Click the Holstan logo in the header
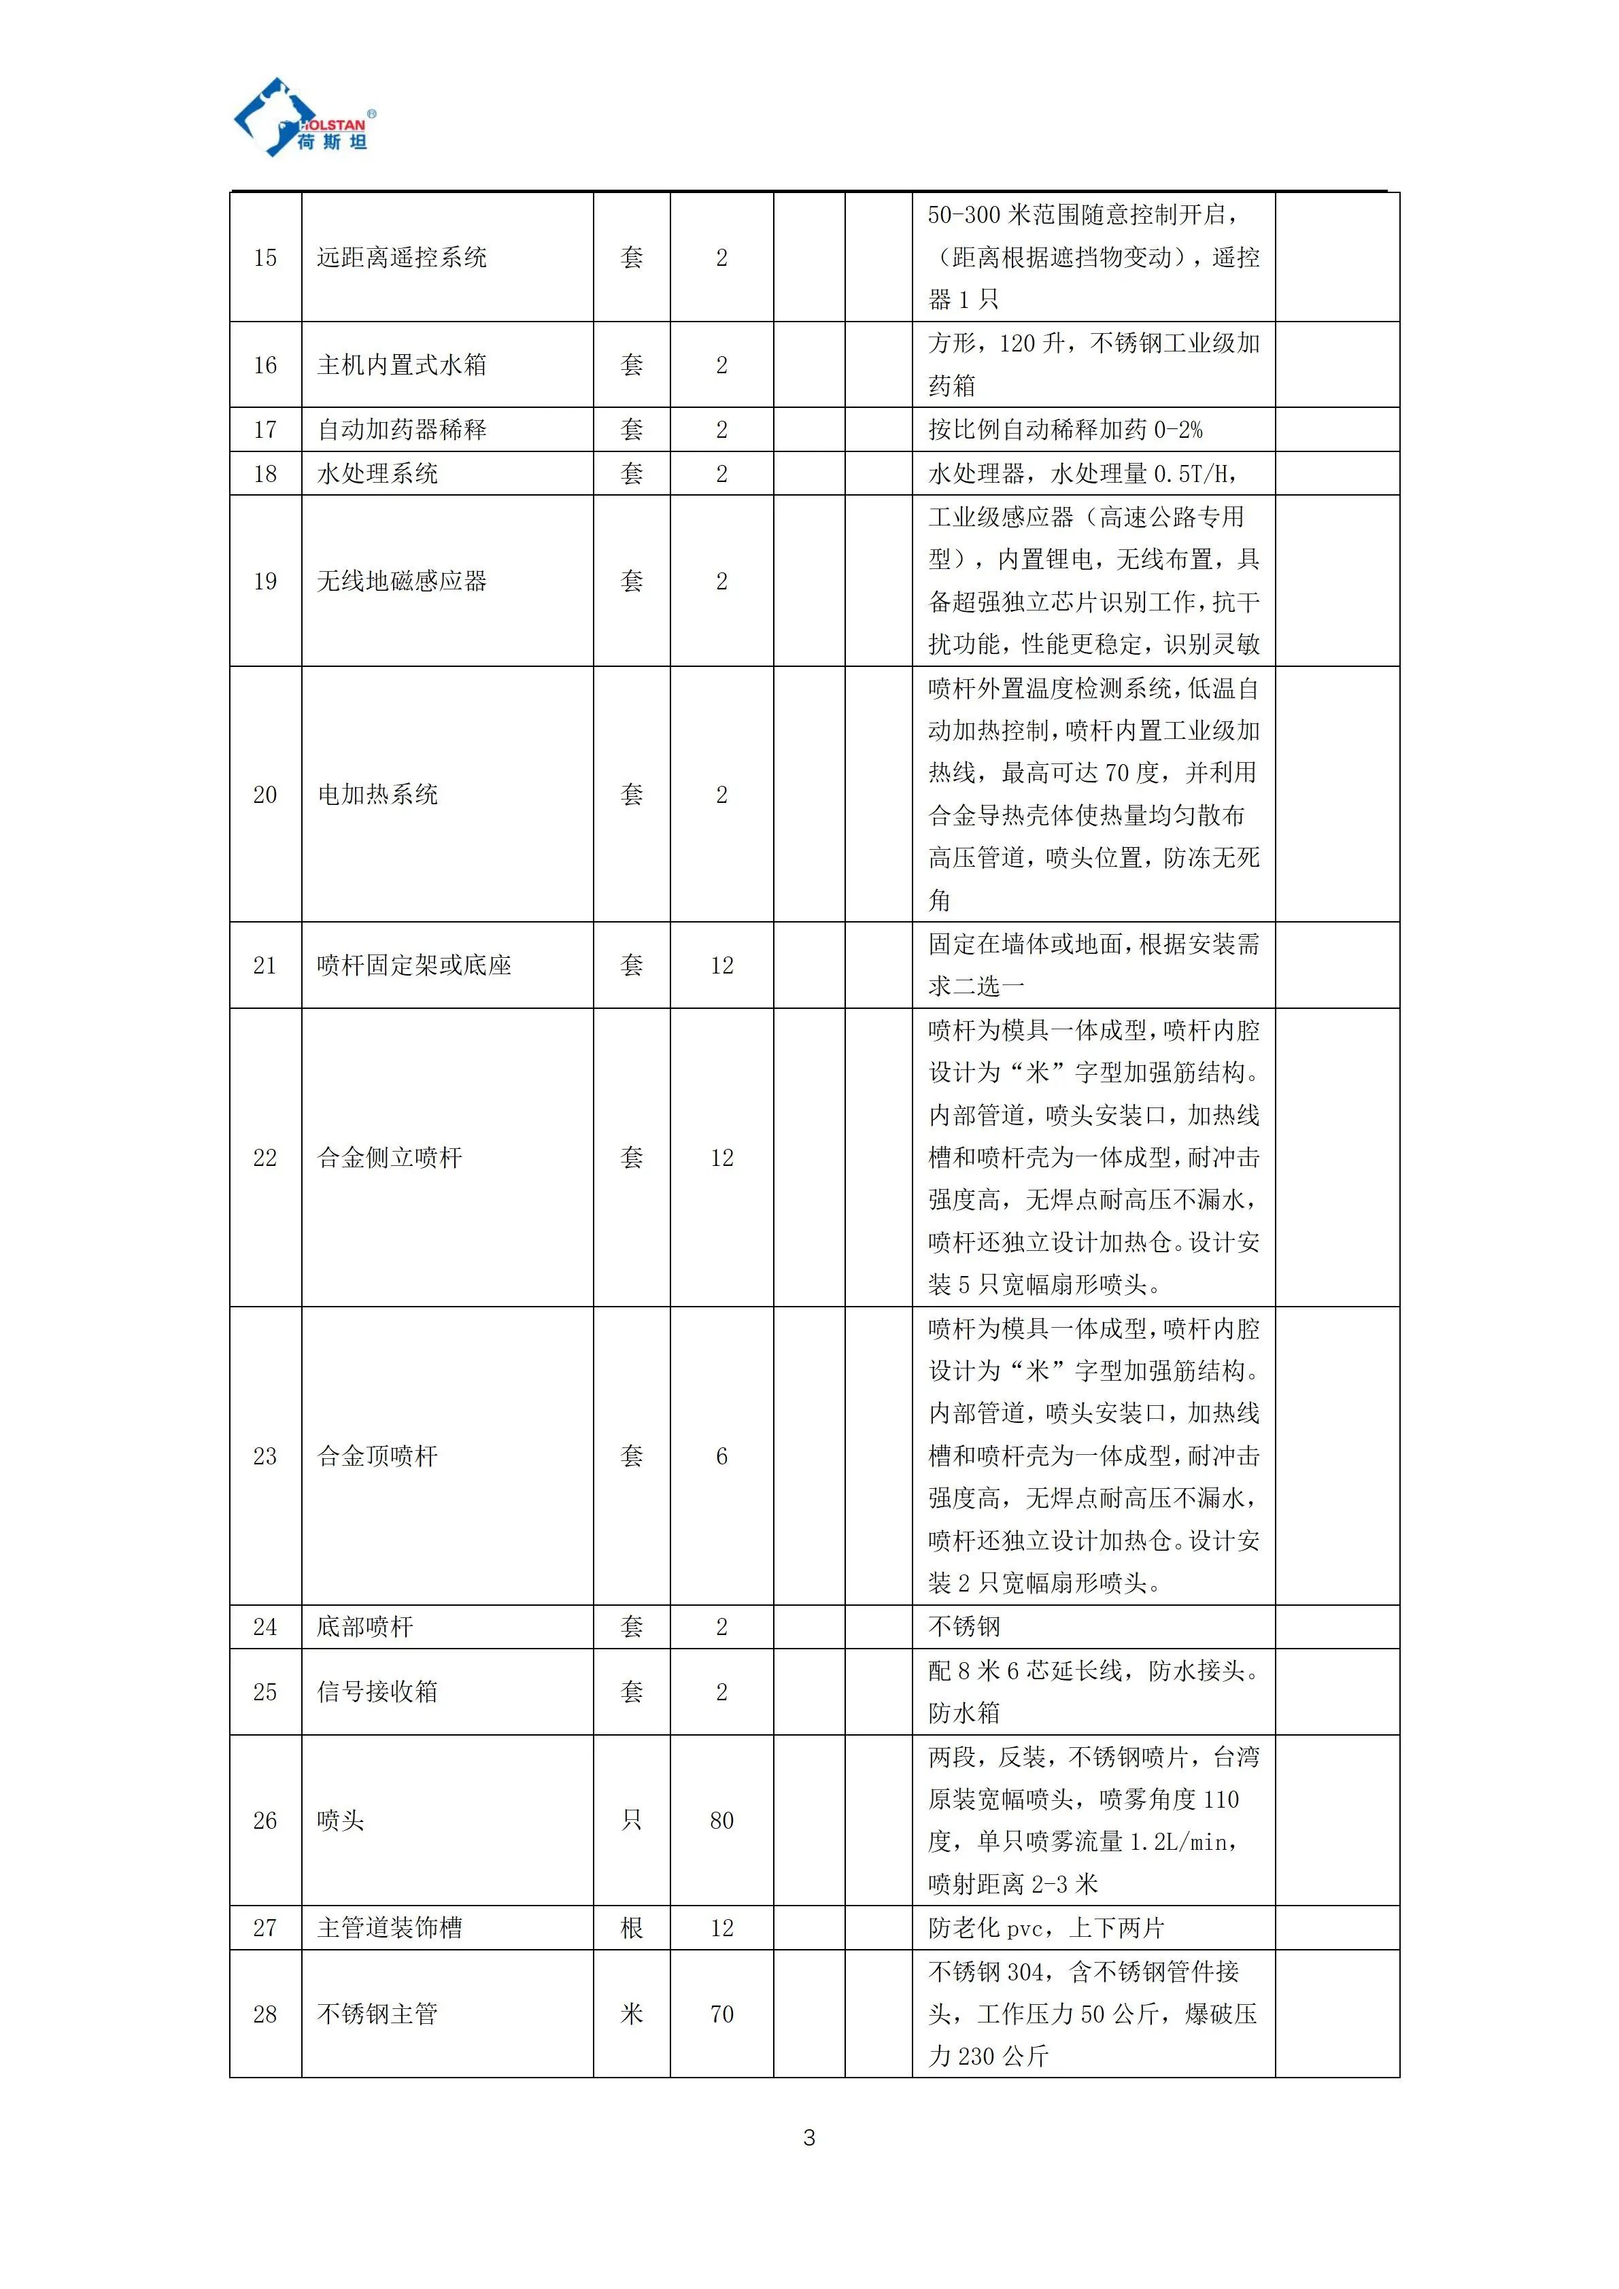pyautogui.click(x=304, y=118)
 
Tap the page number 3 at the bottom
pyautogui.click(x=808, y=2137)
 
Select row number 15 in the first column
pyautogui.click(x=265, y=257)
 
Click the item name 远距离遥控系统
pyautogui.click(x=402, y=257)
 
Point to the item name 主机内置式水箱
pyautogui.click(x=402, y=365)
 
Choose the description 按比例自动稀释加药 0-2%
pyautogui.click(x=1065, y=430)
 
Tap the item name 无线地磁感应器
pyautogui.click(x=402, y=581)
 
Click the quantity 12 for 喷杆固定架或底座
pyautogui.click(x=721, y=965)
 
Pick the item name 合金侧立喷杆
pyautogui.click(x=390, y=1158)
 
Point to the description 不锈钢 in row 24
pyautogui.click(x=964, y=1627)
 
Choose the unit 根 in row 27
pyautogui.click(x=632, y=1928)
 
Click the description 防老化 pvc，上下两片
pyautogui.click(x=1046, y=1928)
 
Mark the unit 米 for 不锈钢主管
pyautogui.click(x=632, y=2014)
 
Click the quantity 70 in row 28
pyautogui.click(x=721, y=2014)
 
